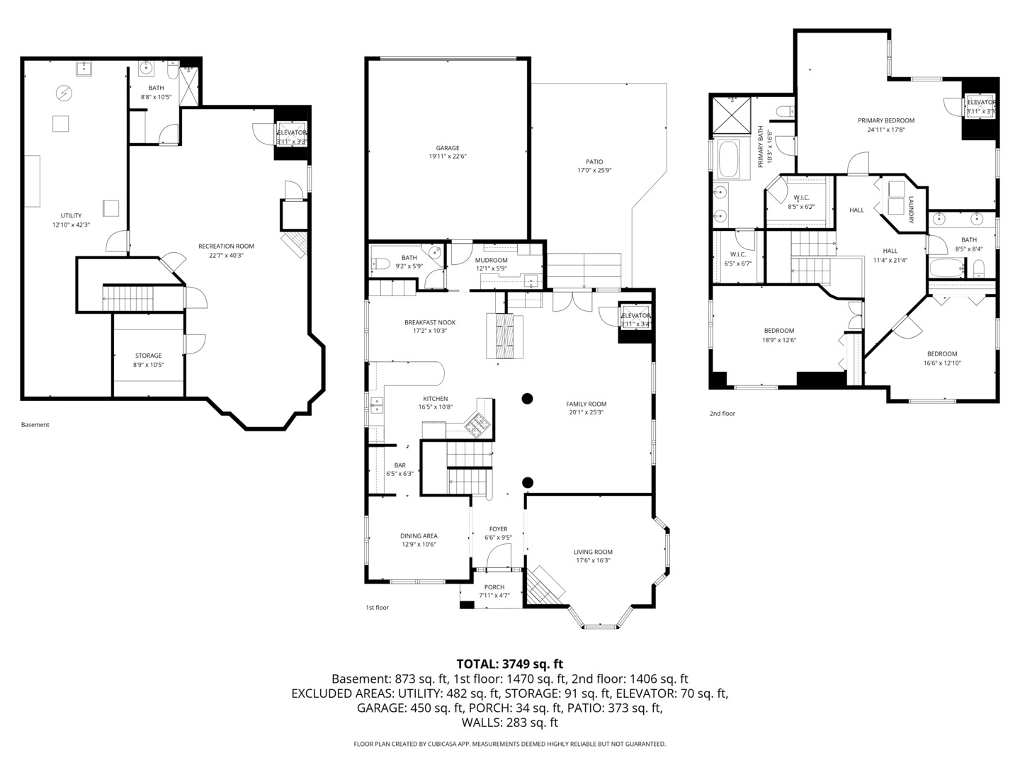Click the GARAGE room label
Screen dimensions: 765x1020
448,148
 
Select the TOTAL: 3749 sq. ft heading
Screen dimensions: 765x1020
509,664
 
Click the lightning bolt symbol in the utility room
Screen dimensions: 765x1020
64,92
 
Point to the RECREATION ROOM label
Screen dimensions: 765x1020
226,246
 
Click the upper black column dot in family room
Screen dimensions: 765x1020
527,398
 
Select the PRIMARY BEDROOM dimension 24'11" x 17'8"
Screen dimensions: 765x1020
886,130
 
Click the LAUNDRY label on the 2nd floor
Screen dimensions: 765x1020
911,210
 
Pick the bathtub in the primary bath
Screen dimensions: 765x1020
729,159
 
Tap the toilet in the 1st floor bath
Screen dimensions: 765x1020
381,264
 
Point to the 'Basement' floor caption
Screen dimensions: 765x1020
35,425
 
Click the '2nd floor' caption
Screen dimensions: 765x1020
722,413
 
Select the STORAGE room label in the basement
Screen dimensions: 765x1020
149,356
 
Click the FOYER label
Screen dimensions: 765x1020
498,528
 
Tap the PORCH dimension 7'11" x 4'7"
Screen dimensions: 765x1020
494,595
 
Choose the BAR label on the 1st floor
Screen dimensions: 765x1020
400,465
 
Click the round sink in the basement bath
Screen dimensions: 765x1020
147,68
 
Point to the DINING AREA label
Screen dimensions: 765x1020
419,535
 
